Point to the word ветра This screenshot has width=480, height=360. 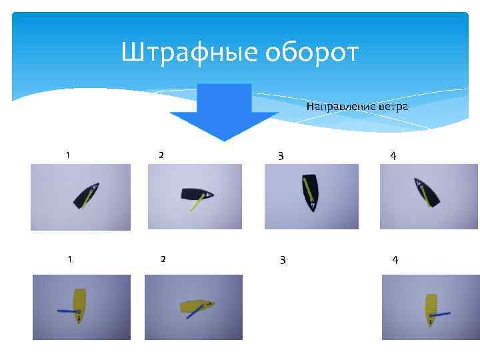[393, 107]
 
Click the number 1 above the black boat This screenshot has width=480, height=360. [67, 155]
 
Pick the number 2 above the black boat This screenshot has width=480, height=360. [161, 155]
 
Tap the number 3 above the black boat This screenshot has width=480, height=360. [281, 156]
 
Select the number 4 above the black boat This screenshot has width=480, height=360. [393, 156]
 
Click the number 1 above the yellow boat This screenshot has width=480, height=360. [69, 259]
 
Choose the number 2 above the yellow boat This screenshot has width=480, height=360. [163, 259]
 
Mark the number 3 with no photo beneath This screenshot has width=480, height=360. [283, 259]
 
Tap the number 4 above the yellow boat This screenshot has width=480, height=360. [395, 259]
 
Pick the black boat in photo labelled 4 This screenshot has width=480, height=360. [427, 193]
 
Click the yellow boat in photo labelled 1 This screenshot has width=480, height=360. [79, 305]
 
